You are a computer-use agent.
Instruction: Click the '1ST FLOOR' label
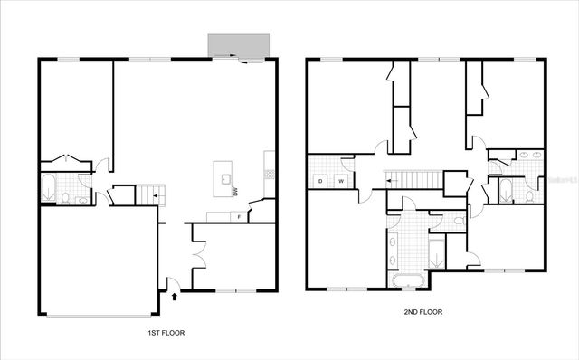click(166, 334)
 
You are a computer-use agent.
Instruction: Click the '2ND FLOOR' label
click(423, 312)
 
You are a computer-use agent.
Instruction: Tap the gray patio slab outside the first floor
click(239, 45)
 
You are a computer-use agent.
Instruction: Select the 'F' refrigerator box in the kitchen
click(237, 217)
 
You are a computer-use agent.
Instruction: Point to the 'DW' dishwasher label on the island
click(235, 192)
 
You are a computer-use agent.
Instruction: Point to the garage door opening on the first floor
click(100, 316)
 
